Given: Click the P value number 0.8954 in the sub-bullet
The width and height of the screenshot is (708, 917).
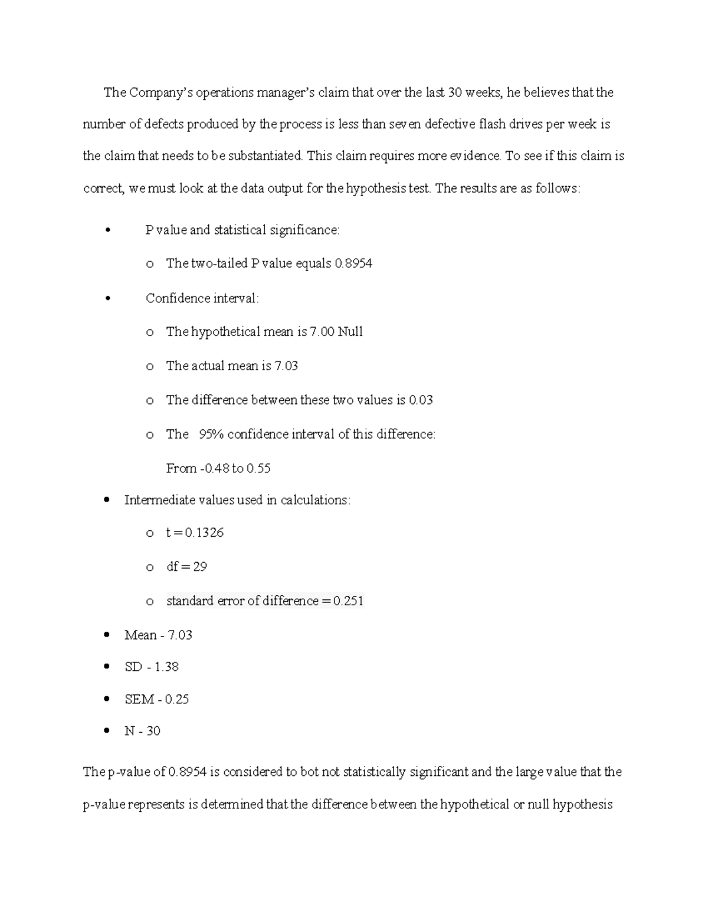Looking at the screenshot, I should (x=353, y=263).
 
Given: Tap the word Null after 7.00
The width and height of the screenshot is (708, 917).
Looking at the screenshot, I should (x=350, y=332).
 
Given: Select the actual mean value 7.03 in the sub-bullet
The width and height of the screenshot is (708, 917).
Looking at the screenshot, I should (x=286, y=366).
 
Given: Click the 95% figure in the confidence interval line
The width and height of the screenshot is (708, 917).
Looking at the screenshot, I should (x=211, y=435).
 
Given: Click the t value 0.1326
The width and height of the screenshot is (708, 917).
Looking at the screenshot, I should (x=204, y=533).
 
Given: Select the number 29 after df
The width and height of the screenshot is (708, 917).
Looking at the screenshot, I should (x=200, y=567).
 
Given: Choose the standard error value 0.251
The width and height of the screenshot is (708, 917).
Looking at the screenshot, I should (x=348, y=601).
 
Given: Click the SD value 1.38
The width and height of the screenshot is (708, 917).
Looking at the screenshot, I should (x=166, y=667).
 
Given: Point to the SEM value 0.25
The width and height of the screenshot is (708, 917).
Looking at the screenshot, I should (x=177, y=700).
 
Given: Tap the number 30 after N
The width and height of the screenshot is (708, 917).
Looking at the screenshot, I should (x=153, y=732).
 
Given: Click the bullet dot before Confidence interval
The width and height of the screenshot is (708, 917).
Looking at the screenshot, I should (x=107, y=299).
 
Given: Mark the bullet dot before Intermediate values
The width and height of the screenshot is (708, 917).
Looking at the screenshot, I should (x=107, y=500).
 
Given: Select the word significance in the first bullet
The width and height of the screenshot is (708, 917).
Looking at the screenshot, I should (x=304, y=230).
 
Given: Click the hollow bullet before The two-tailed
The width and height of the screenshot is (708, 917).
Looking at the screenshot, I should (x=150, y=264).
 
